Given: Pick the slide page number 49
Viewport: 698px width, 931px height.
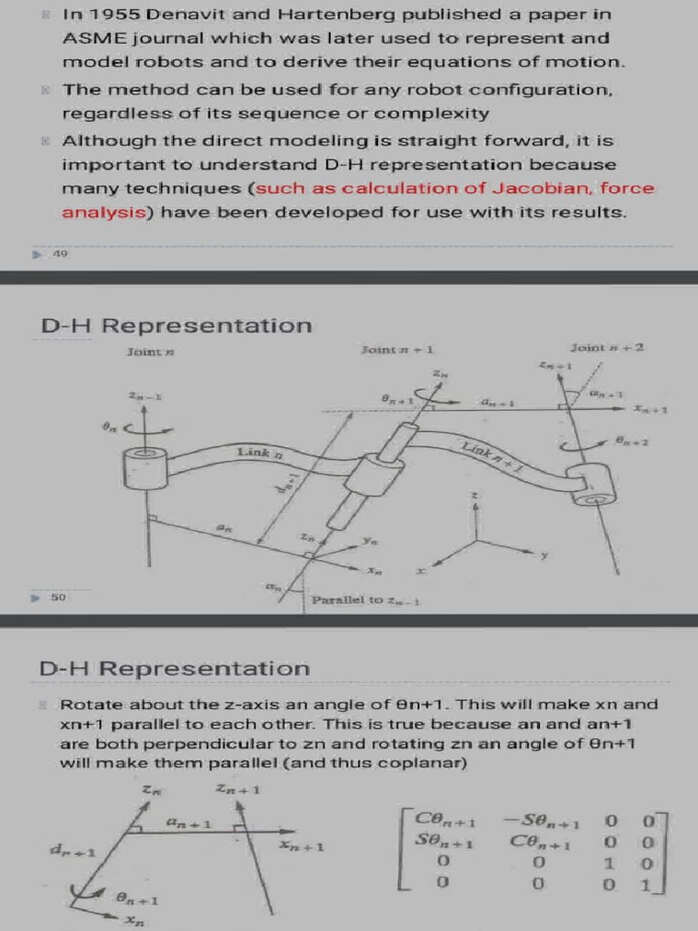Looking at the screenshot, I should pos(61,254).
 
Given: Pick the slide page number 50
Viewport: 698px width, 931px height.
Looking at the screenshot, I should pos(57,598).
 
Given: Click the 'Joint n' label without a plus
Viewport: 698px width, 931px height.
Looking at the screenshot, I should pos(145,352).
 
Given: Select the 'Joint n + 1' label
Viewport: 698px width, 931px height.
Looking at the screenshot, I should pos(397,349).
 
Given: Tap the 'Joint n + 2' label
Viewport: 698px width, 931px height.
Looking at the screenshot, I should pos(607,347).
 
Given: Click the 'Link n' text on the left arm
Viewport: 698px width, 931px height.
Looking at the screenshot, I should pos(260,452).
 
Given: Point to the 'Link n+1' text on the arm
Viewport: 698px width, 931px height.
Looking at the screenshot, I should pos(491,454).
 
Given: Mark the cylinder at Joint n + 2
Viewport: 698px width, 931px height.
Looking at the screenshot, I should pos(592,484).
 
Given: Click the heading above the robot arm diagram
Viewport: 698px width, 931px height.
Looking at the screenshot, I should pos(175,325).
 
